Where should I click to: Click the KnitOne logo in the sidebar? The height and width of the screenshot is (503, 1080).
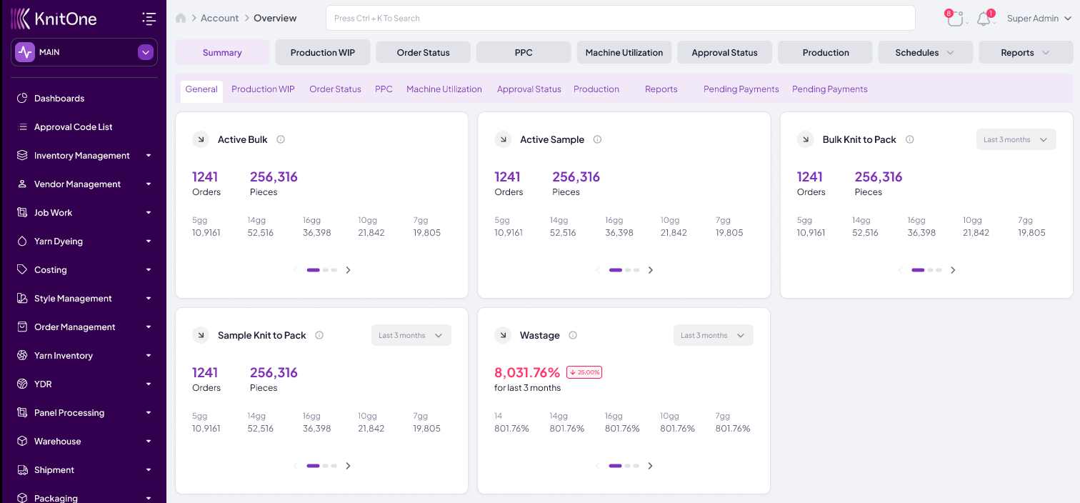coord(54,19)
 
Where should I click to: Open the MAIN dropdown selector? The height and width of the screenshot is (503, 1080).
coord(84,52)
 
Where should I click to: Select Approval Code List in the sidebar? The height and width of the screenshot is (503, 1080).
coord(73,127)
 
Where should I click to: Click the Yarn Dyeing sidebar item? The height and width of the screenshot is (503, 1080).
coord(59,241)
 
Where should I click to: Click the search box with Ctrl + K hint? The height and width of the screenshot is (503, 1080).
coord(620,19)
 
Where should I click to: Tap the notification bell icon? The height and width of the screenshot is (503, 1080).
coord(984,19)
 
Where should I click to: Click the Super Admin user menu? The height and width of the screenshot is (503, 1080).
coord(1039,19)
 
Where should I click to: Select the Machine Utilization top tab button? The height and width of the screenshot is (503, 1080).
coord(624,53)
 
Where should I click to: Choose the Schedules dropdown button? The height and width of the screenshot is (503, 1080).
coord(924,53)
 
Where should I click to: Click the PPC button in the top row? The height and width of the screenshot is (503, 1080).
coord(524,53)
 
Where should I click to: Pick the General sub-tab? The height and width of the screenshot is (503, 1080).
coord(201,89)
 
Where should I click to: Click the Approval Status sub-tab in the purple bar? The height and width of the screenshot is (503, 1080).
coord(529,89)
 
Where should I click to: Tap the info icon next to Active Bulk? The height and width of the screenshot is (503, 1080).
coord(281,140)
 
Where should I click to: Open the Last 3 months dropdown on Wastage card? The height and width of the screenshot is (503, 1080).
coord(713,336)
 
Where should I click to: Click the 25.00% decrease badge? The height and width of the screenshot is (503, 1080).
coord(584,372)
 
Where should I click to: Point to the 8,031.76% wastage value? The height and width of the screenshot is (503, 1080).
coord(527,372)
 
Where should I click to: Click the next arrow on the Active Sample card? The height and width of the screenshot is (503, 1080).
coord(650,270)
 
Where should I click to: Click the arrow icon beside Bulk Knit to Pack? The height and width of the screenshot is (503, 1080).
coord(805,140)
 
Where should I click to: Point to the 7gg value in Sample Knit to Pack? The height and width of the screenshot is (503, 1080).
coord(426,429)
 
